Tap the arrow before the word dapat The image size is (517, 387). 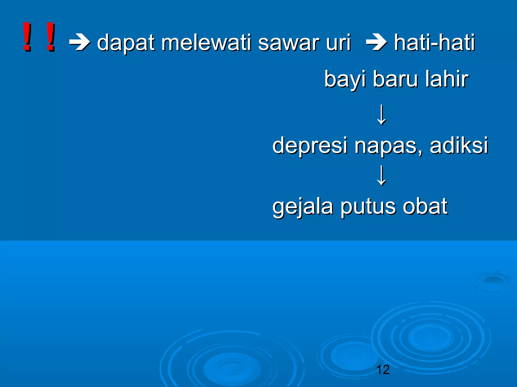pyautogui.click(x=80, y=42)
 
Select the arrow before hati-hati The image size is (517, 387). pyautogui.click(x=376, y=42)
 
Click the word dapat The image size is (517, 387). pyautogui.click(x=126, y=43)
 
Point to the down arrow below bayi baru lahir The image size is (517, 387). pyautogui.click(x=381, y=115)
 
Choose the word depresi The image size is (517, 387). pyautogui.click(x=310, y=146)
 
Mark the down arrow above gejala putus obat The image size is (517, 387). pyautogui.click(x=381, y=175)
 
